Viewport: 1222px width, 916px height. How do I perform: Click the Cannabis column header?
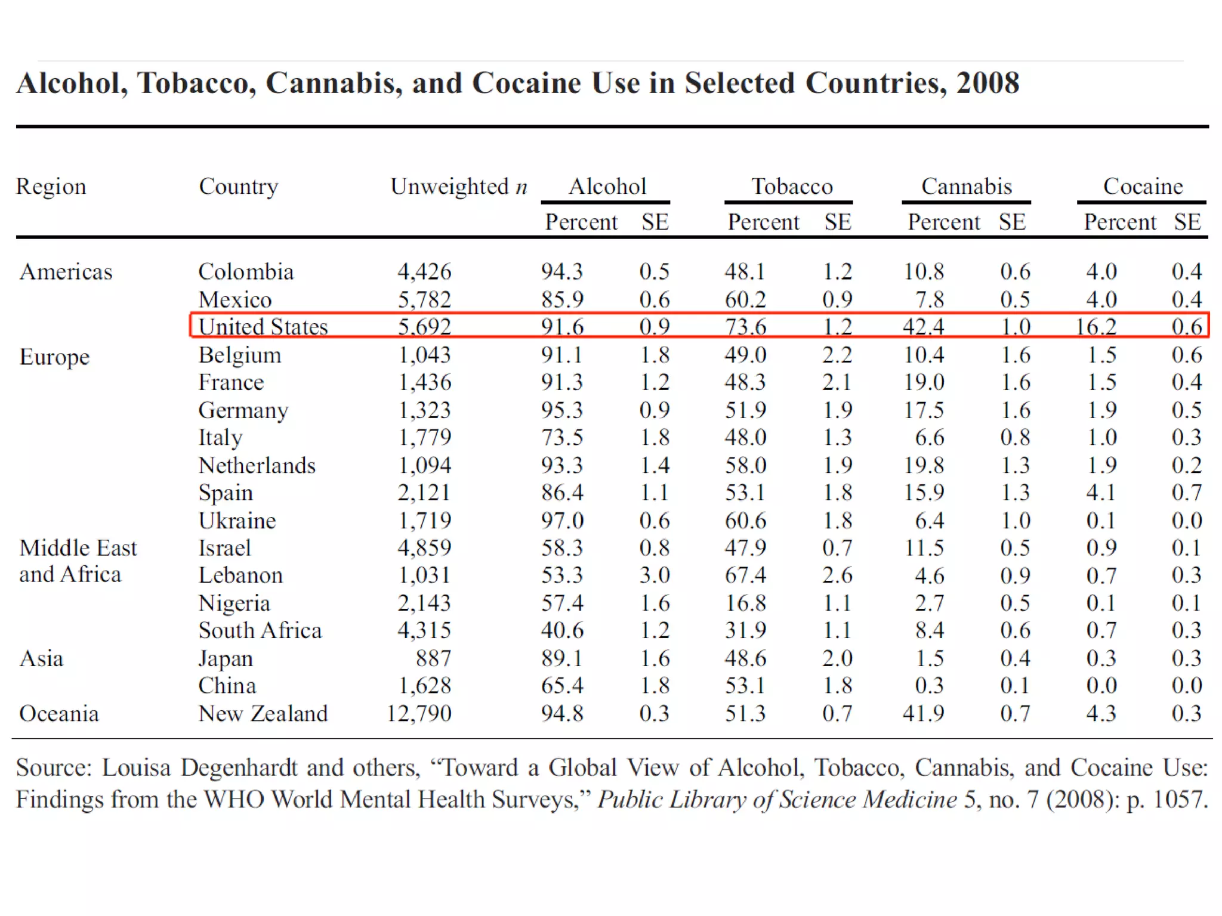pos(966,187)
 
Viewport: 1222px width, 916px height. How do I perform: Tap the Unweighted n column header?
pos(458,187)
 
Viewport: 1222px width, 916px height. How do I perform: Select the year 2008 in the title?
pos(988,83)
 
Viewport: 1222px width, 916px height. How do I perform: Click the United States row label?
pos(263,327)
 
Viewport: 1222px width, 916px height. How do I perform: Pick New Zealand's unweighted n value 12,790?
pos(419,713)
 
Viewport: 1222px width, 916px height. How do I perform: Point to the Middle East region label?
pos(78,548)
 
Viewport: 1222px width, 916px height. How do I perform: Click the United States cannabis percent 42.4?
pos(923,327)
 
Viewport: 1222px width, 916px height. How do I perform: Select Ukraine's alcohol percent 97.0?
pos(562,521)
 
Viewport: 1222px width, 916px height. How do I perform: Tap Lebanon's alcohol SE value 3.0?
pos(655,575)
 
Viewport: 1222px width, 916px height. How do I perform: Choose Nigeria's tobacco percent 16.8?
pos(745,603)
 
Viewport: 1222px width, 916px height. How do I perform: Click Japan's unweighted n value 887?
pos(433,658)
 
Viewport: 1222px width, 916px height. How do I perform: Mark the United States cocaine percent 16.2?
pos(1096,327)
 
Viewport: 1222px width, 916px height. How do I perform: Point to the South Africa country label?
pos(260,630)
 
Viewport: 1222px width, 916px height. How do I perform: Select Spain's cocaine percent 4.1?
pos(1101,493)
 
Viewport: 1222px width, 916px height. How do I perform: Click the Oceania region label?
pos(58,713)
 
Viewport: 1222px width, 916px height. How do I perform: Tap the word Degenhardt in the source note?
pos(239,768)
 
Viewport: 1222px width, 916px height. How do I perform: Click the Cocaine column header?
pos(1143,187)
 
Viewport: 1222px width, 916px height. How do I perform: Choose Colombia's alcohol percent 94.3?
pos(562,272)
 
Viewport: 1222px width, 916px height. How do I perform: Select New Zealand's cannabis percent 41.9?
pos(923,713)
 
